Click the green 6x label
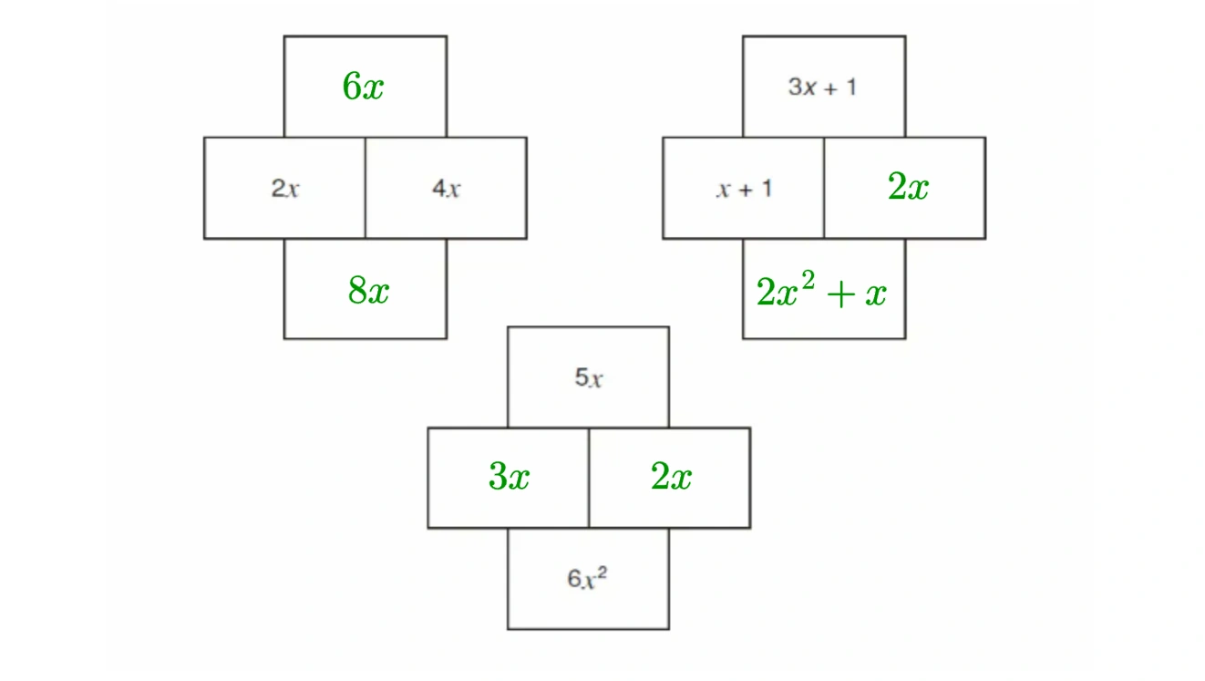pyautogui.click(x=363, y=88)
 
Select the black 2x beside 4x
pyautogui.click(x=285, y=190)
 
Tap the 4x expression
pyautogui.click(x=446, y=190)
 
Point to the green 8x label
pyautogui.click(x=368, y=291)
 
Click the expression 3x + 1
pyautogui.click(x=822, y=88)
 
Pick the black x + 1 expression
pyautogui.click(x=744, y=190)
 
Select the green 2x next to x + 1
pyautogui.click(x=908, y=188)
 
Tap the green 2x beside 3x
pyautogui.click(x=671, y=477)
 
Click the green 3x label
pyautogui.click(x=509, y=477)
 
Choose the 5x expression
pyautogui.click(x=589, y=377)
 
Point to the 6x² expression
pyautogui.click(x=588, y=578)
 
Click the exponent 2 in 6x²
pyautogui.click(x=602, y=572)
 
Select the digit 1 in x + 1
pyautogui.click(x=767, y=190)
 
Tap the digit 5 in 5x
pyautogui.click(x=581, y=377)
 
